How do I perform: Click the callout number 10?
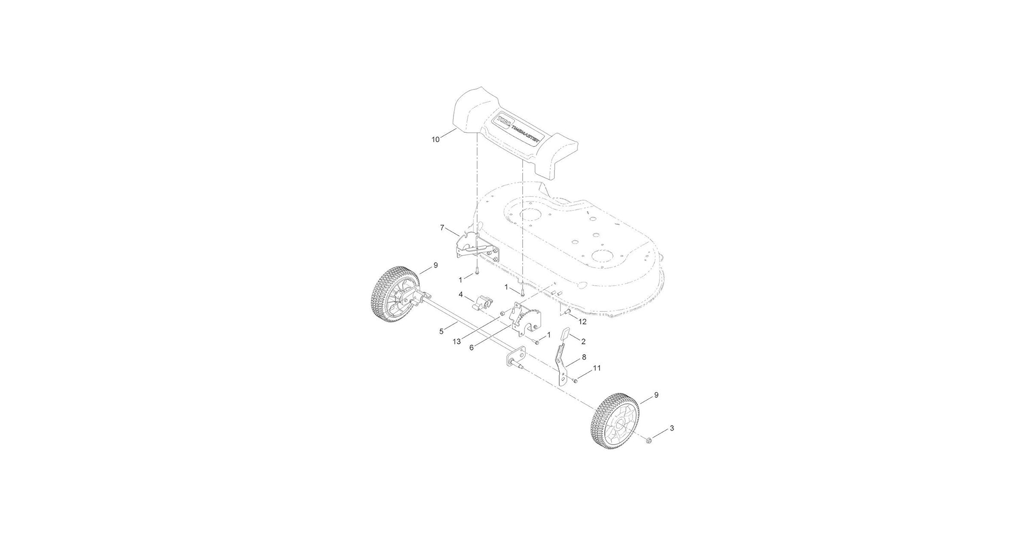click(x=435, y=139)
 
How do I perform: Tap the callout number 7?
click(x=442, y=228)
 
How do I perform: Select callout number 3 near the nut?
click(x=672, y=428)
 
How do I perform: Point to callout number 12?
click(x=582, y=322)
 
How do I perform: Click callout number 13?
click(x=457, y=341)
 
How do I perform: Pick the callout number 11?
click(x=597, y=368)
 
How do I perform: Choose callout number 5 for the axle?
click(x=441, y=331)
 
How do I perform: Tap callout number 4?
click(x=461, y=294)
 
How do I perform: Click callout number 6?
click(x=472, y=347)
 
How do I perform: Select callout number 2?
click(x=583, y=341)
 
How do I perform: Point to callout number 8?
click(x=584, y=356)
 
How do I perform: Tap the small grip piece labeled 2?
click(x=565, y=335)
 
